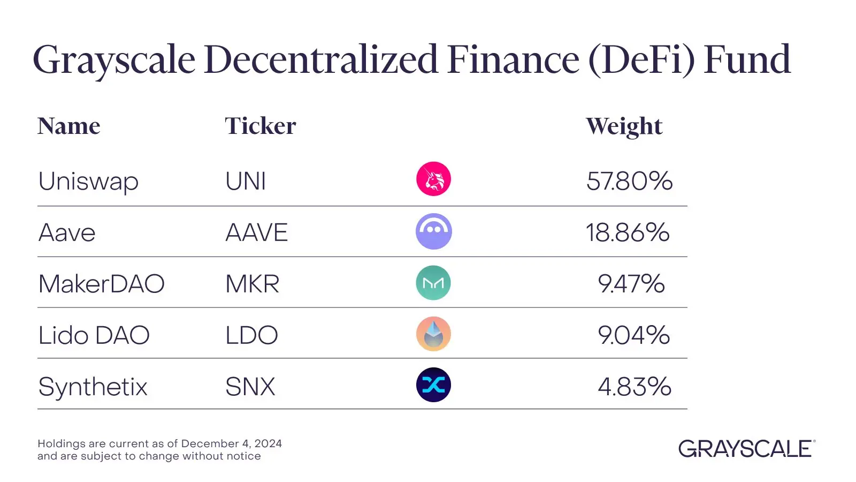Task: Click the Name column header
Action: (68, 126)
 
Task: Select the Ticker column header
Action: (260, 126)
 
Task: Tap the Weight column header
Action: (624, 127)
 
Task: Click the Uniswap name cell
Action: (88, 182)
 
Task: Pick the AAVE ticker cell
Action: (256, 233)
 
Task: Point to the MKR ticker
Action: (252, 284)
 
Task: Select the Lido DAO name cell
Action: (94, 336)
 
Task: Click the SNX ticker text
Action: (250, 387)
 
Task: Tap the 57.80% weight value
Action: (629, 181)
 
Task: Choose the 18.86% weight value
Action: (627, 232)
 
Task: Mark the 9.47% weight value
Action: (631, 284)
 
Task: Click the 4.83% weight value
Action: (635, 387)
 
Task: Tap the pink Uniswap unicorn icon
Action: (433, 179)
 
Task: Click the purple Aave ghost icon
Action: (433, 231)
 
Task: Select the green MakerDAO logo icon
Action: (433, 283)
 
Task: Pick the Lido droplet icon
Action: (433, 334)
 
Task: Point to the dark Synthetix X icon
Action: (433, 385)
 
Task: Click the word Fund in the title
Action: (747, 59)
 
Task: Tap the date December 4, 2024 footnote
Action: (231, 443)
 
